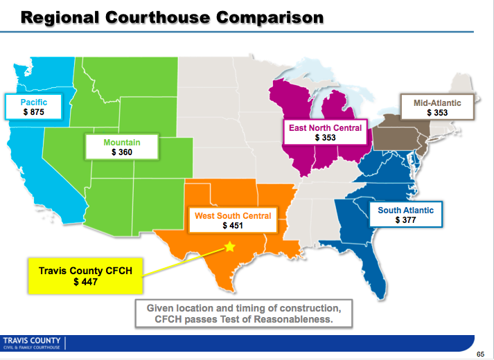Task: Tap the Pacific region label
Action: (x=34, y=102)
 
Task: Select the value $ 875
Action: (x=34, y=111)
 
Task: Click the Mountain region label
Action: (x=122, y=142)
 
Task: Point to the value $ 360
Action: (x=122, y=152)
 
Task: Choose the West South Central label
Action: (x=232, y=216)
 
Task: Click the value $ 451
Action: (x=232, y=226)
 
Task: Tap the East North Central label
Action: (x=325, y=128)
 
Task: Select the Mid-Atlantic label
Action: (x=437, y=102)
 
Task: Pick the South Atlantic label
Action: (x=405, y=210)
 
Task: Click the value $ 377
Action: (x=405, y=220)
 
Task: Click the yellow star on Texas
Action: (x=230, y=246)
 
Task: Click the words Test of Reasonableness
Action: (x=270, y=319)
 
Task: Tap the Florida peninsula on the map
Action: (x=379, y=277)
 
